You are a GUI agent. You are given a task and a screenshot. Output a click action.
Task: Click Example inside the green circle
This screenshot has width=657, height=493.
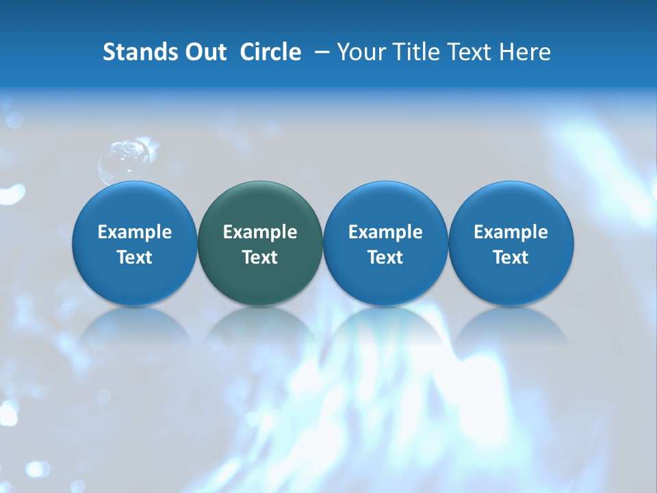[x=260, y=233]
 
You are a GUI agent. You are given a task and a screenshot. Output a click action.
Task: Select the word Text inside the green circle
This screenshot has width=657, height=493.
[x=260, y=257]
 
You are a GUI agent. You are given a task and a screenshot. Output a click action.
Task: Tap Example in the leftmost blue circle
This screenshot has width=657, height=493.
[x=135, y=233]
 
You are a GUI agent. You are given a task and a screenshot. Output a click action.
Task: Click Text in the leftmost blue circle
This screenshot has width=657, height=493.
[x=135, y=257]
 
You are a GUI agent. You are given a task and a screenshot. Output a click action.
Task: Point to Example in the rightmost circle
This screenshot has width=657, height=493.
[x=511, y=233]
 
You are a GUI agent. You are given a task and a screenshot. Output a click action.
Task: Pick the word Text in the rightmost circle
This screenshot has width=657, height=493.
[x=511, y=257]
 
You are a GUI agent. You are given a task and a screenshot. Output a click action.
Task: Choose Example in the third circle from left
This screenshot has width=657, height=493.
[x=385, y=233]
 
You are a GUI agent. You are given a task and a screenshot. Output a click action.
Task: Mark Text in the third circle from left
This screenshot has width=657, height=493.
[x=385, y=257]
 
